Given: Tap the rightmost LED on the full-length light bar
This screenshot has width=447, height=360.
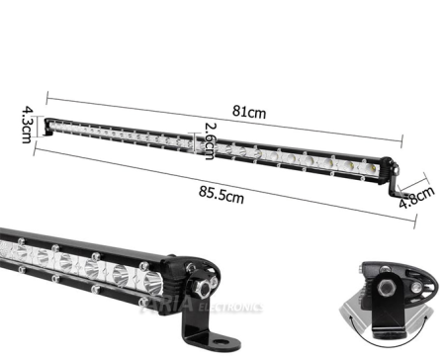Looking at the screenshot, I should coord(368,169).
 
